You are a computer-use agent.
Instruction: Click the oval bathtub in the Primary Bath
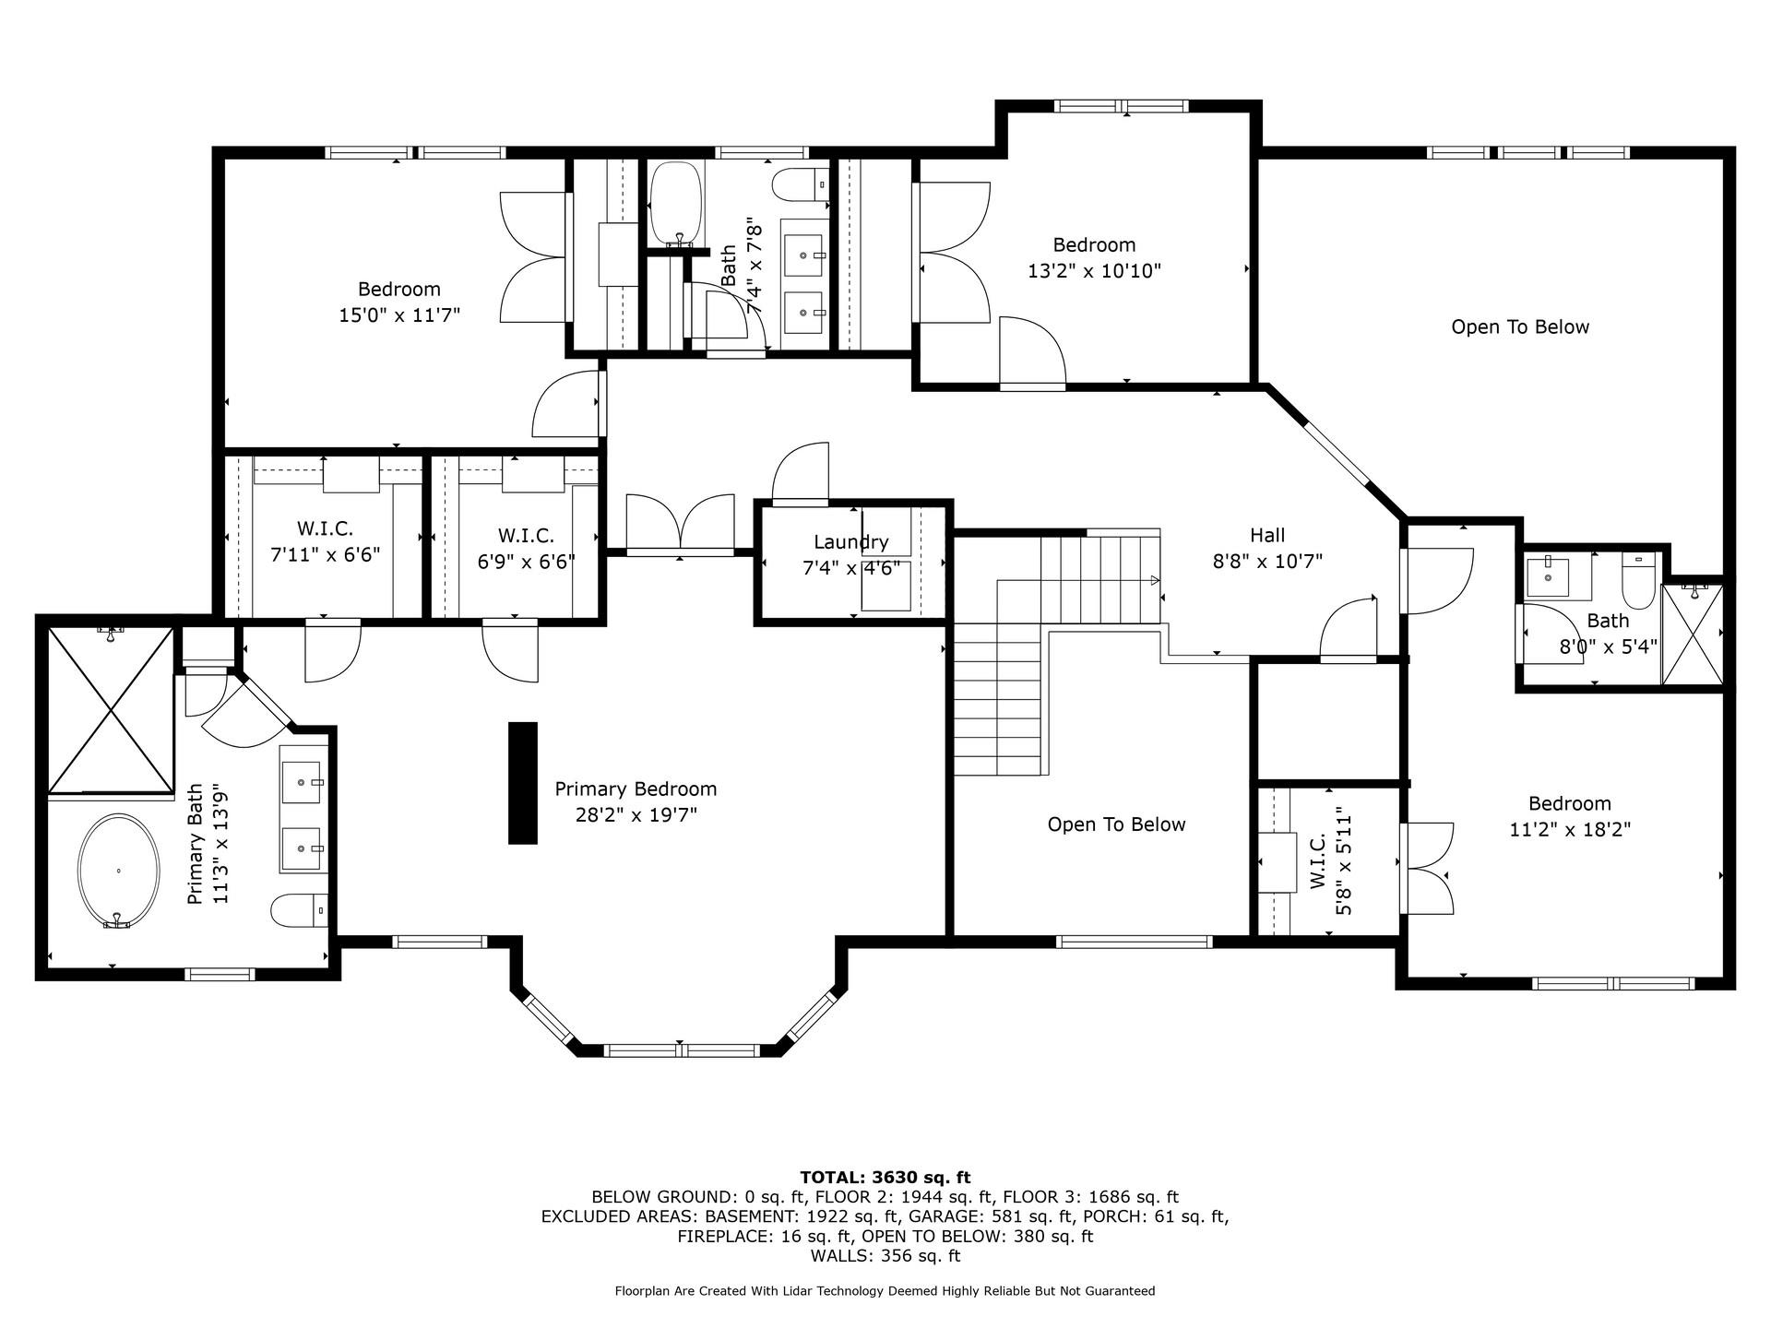tap(118, 871)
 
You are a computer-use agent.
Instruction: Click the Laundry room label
tap(850, 542)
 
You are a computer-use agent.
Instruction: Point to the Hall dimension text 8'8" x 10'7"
tap(1267, 561)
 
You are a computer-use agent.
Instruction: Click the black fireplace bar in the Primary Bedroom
tap(523, 783)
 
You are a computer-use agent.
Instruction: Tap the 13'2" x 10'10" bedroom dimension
tap(1094, 271)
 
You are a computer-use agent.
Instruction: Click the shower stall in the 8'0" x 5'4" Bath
tap(1692, 634)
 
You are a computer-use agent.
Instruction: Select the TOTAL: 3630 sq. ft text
tap(885, 1177)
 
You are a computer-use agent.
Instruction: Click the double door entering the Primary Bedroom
tap(681, 524)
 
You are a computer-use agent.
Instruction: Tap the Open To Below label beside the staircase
tap(1116, 824)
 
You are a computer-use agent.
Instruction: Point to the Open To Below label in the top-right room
tap(1520, 327)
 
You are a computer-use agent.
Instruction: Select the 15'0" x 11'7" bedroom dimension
tap(399, 315)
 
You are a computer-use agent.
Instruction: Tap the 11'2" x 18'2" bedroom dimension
tap(1570, 829)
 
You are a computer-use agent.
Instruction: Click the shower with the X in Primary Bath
tap(111, 708)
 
